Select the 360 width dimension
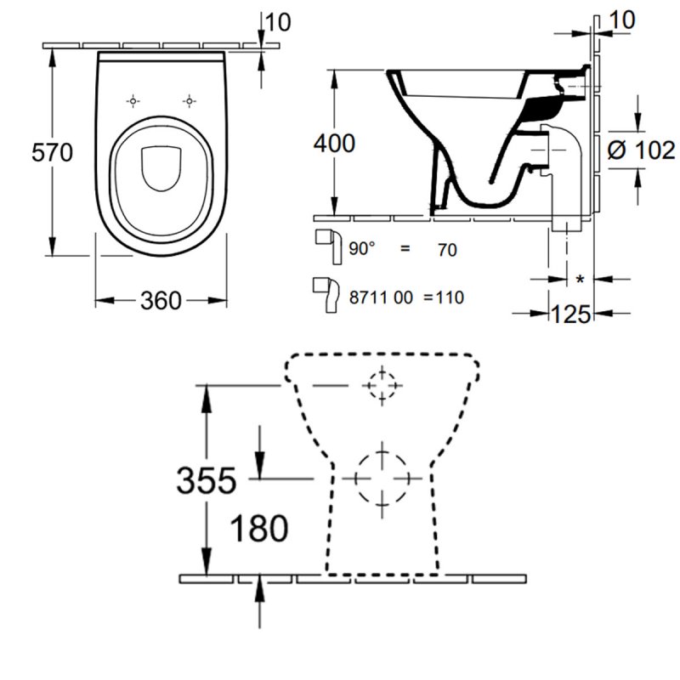[x=161, y=300]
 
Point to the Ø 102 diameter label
[x=643, y=151]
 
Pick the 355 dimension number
[x=205, y=481]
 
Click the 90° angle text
[x=363, y=249]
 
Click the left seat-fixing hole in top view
[x=132, y=101]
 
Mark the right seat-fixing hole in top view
[x=188, y=101]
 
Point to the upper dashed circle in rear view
[x=382, y=385]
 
